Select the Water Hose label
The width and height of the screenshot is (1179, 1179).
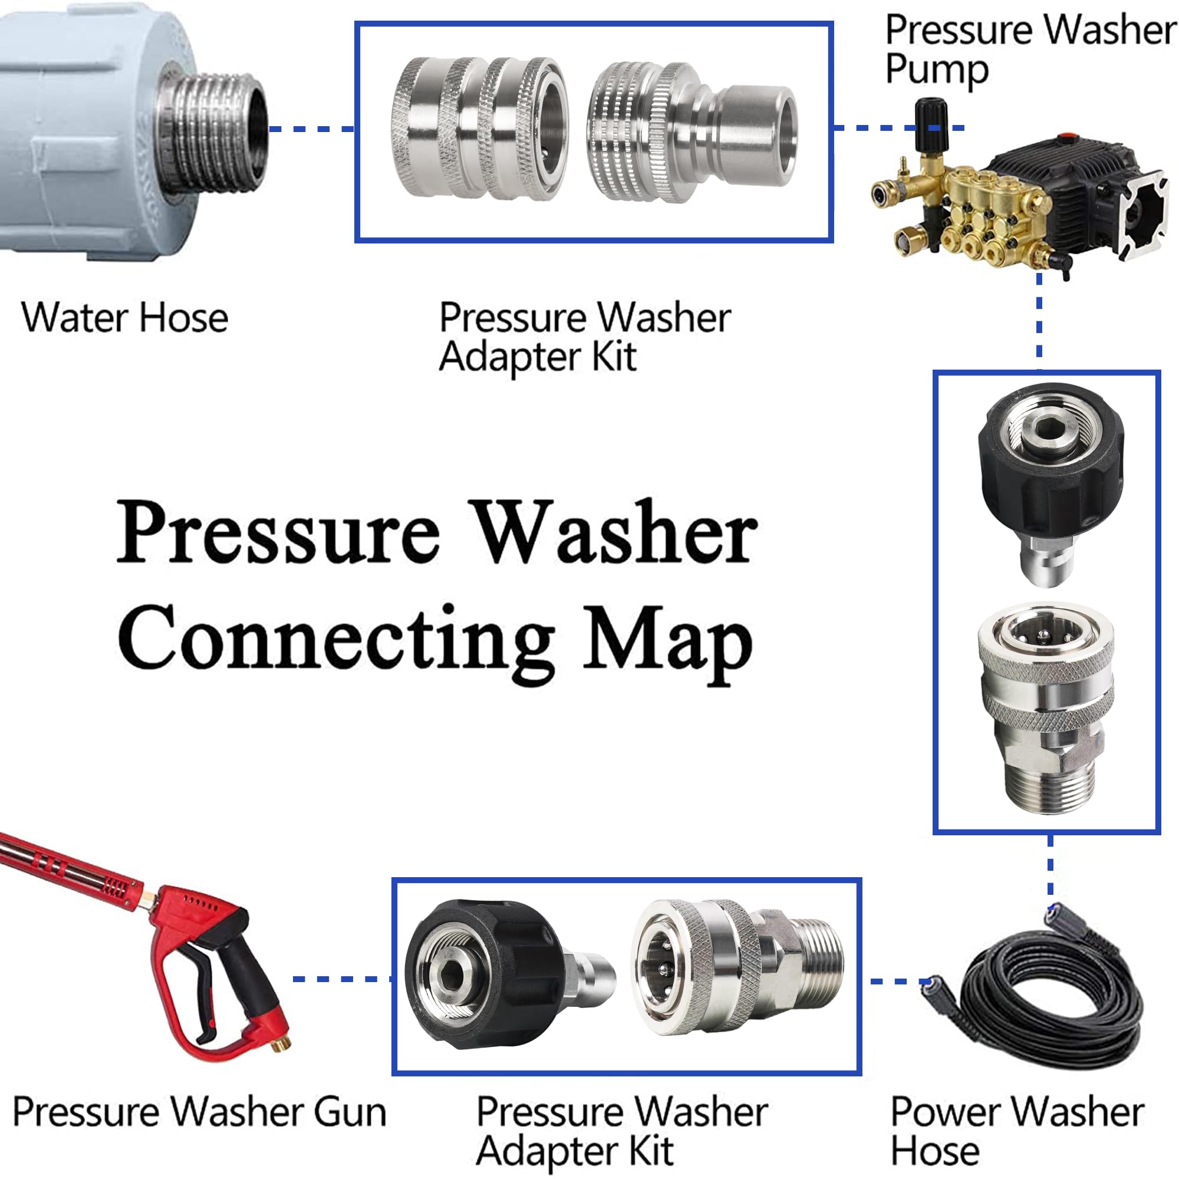[x=124, y=318]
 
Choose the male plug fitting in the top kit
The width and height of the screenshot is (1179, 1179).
[x=693, y=131]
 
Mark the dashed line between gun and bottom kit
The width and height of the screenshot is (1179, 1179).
[x=342, y=979]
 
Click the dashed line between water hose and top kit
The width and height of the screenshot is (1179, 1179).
[x=311, y=129]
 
